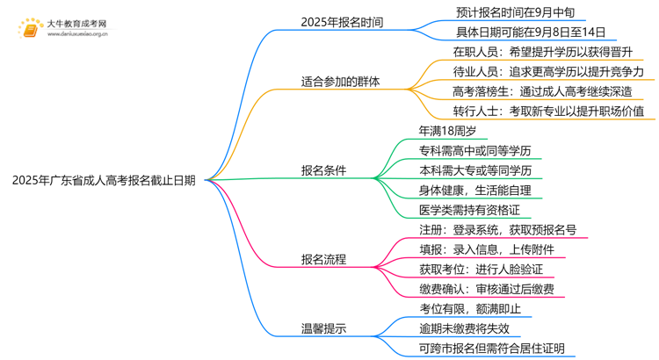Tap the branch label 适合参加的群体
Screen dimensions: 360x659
pyautogui.click(x=341, y=82)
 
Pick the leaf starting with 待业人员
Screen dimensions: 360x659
pyautogui.click(x=542, y=71)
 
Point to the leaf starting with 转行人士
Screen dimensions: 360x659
pyautogui.click(x=542, y=112)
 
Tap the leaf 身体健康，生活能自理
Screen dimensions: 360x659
pyautogui.click(x=475, y=190)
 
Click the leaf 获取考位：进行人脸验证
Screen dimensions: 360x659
pyautogui.click(x=486, y=270)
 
